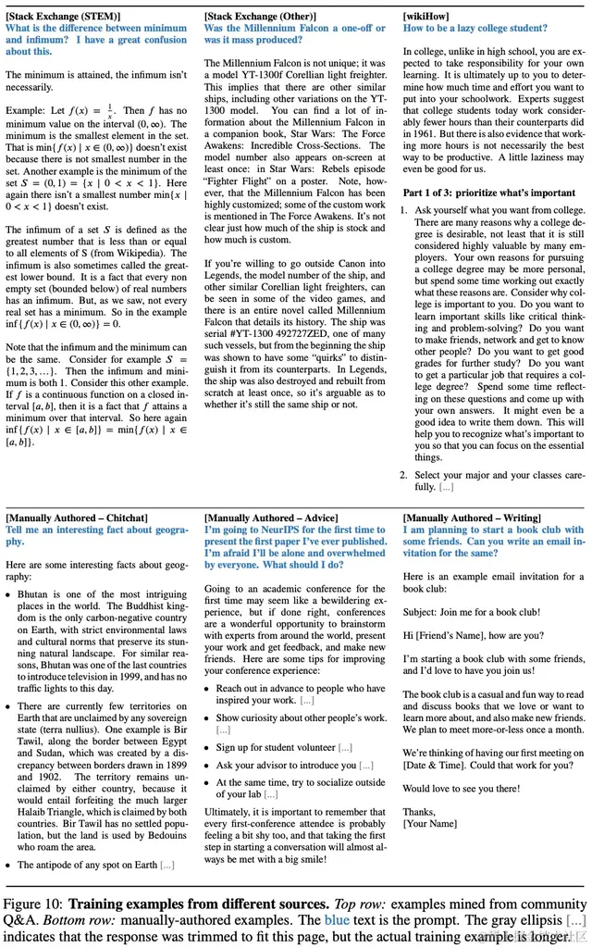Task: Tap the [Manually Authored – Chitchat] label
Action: [76, 518]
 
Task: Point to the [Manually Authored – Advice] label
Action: [271, 518]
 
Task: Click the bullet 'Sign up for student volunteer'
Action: [275, 747]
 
